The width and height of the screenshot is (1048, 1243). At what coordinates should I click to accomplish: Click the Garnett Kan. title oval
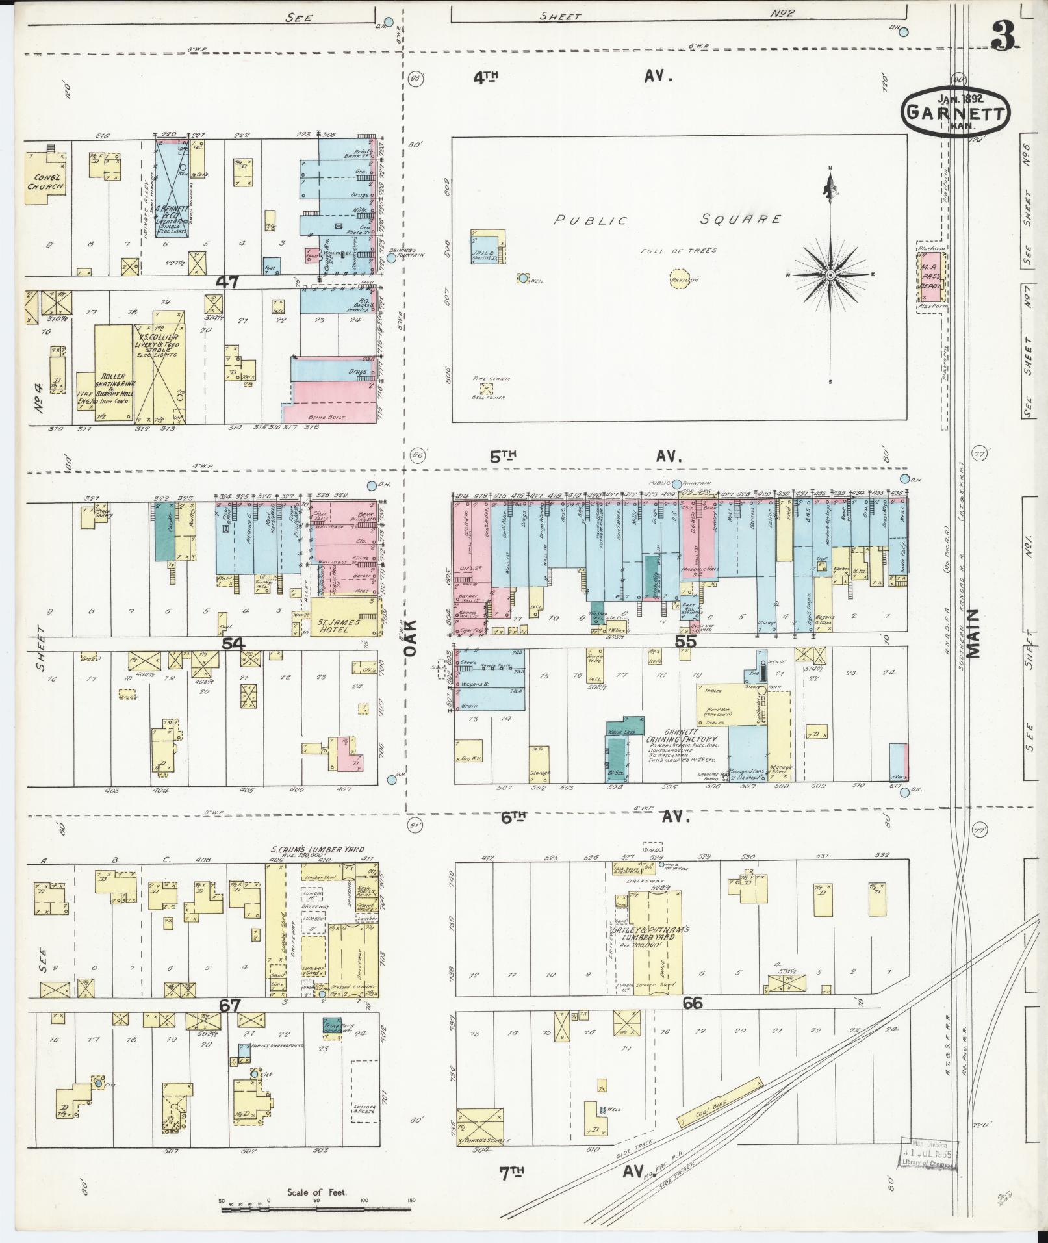coord(955,112)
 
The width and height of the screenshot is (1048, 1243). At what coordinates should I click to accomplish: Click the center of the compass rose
coord(830,276)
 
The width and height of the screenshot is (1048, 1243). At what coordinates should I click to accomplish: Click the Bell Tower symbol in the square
coord(485,389)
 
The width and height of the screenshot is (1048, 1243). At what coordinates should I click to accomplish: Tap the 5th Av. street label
coord(580,456)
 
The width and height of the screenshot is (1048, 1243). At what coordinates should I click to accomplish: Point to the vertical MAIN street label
coord(973,634)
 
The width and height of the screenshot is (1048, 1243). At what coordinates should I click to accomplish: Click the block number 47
coord(228,282)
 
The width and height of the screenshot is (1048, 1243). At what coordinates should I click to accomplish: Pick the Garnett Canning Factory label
coord(681,739)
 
